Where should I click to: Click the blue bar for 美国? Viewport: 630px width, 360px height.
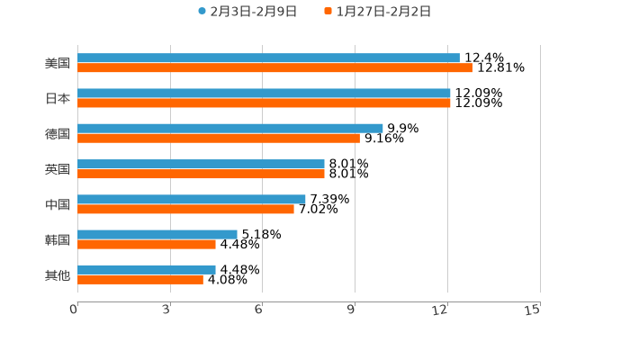pos(268,58)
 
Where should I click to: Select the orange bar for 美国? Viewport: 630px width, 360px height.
pos(274,67)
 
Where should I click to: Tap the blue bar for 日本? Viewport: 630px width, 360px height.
pos(264,93)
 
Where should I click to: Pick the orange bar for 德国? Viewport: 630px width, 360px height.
pos(219,138)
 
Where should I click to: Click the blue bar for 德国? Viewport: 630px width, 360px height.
pos(230,128)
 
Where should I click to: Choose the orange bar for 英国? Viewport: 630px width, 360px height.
pos(201,174)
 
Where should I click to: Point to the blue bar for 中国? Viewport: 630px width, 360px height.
pos(192,199)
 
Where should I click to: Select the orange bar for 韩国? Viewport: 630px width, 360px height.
pos(147,244)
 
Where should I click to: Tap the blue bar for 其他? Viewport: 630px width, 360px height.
pos(147,269)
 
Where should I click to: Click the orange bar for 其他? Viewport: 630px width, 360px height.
pos(140,279)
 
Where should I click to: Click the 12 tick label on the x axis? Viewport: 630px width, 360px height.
pos(441,310)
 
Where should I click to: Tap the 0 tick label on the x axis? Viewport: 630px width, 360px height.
pos(74,310)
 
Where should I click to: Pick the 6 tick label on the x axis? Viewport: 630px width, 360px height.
pos(258,310)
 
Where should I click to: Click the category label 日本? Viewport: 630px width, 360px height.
pos(58,98)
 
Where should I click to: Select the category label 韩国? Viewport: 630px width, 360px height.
pos(58,239)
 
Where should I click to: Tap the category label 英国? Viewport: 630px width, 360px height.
pos(58,169)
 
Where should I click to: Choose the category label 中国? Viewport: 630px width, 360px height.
pos(58,204)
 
